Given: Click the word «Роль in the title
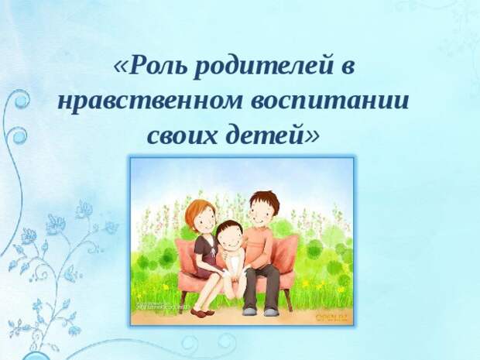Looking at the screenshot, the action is tap(149, 66).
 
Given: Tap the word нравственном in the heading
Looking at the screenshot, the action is tap(149, 101).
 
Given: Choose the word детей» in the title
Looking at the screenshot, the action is tap(273, 135).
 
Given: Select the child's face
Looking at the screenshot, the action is tap(230, 239).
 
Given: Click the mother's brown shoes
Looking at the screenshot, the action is tap(203, 311).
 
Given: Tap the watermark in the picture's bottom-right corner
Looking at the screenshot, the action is tap(336, 317).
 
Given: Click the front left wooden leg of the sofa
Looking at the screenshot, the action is tap(183, 297).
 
